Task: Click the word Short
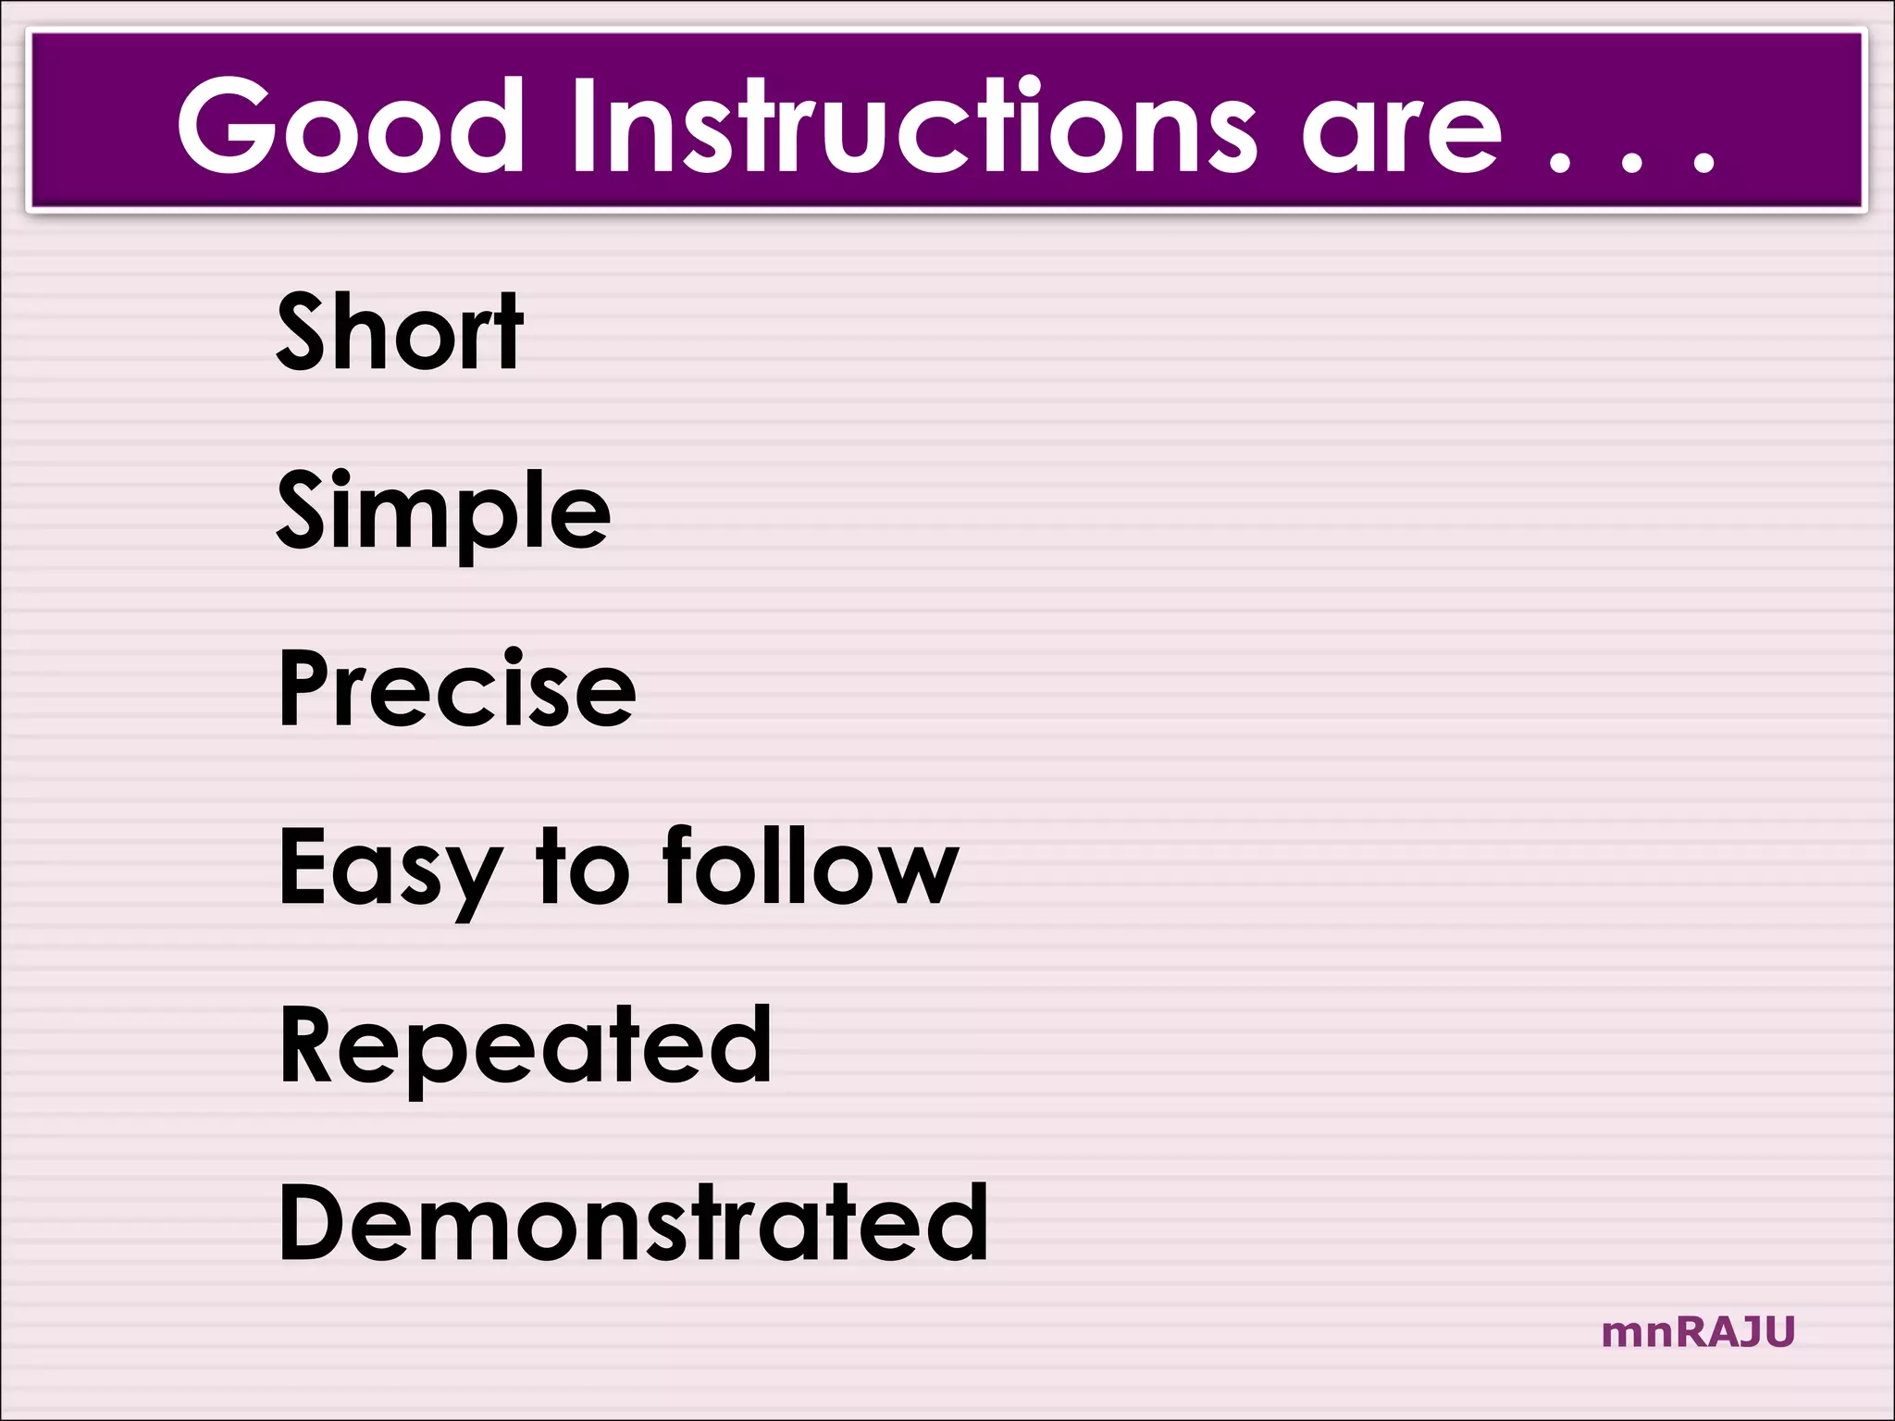click(x=400, y=331)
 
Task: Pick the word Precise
click(x=457, y=688)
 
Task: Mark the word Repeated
click(x=525, y=1046)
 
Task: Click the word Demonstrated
click(x=633, y=1223)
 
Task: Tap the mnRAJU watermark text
click(x=1698, y=1332)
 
